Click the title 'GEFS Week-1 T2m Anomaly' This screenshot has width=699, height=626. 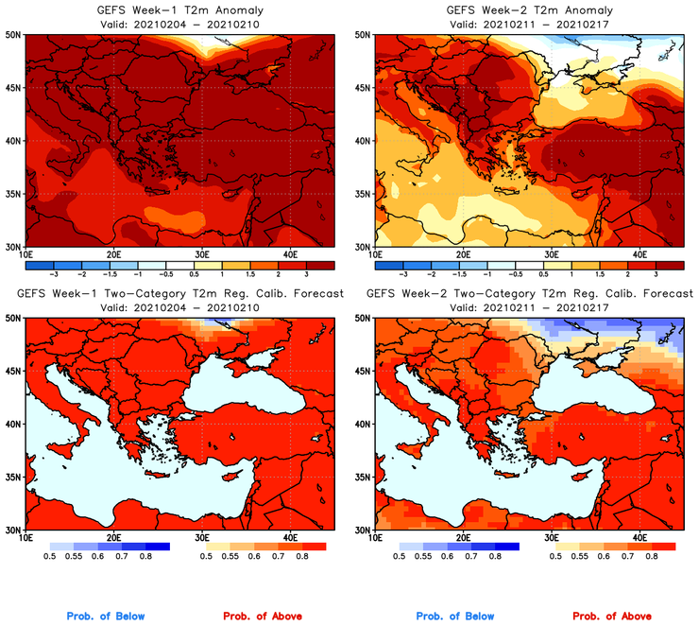coord(179,10)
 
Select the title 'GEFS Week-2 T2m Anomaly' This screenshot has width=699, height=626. coord(531,10)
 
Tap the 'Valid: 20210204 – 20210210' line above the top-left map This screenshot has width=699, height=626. coord(179,24)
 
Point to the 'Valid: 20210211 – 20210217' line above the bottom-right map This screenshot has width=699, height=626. coord(531,307)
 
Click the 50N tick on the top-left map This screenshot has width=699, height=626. coord(14,35)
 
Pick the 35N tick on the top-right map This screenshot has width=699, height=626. coord(364,194)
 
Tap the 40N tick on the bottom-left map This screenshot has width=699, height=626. coord(14,425)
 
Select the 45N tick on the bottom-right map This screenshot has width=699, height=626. coord(364,372)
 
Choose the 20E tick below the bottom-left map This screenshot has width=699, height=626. coord(113,538)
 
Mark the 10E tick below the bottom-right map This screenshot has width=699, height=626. coord(376,538)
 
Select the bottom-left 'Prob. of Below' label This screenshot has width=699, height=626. coord(106,616)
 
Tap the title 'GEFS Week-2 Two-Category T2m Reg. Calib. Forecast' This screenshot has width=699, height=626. coord(531,294)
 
